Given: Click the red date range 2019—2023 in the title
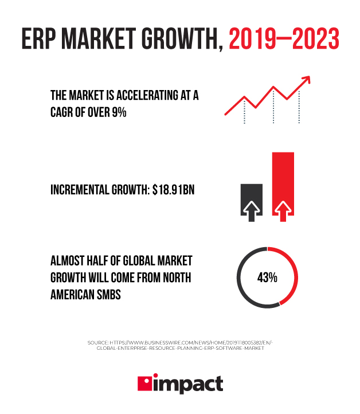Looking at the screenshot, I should tap(284, 38).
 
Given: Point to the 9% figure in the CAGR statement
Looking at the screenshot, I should tap(119, 112).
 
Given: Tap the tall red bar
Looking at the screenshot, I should tap(283, 178).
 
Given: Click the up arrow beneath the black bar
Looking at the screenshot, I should tap(251, 212).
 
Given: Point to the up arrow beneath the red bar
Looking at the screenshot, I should tap(282, 212).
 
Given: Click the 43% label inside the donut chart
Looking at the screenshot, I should tap(267, 278).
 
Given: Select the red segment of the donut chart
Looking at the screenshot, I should tap(293, 270).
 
